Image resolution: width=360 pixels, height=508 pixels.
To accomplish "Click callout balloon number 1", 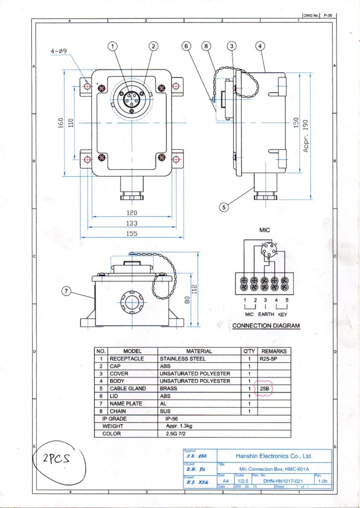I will click(x=113, y=46).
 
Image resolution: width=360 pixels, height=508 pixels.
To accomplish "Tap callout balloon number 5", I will click(x=225, y=207).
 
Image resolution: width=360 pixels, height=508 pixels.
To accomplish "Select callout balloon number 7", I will click(x=67, y=291).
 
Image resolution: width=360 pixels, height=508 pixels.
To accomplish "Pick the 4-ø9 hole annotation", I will click(x=62, y=51).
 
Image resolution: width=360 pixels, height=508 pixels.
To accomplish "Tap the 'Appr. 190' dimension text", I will click(x=306, y=136).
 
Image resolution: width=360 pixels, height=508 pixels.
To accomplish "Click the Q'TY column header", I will click(x=249, y=351).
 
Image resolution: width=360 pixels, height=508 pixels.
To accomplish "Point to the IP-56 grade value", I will click(x=174, y=419).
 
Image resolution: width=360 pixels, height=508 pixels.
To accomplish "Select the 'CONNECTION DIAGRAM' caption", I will click(x=266, y=326).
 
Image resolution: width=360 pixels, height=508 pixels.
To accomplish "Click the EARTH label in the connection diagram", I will click(x=266, y=314).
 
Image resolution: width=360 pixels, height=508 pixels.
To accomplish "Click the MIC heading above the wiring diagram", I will click(x=264, y=230).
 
